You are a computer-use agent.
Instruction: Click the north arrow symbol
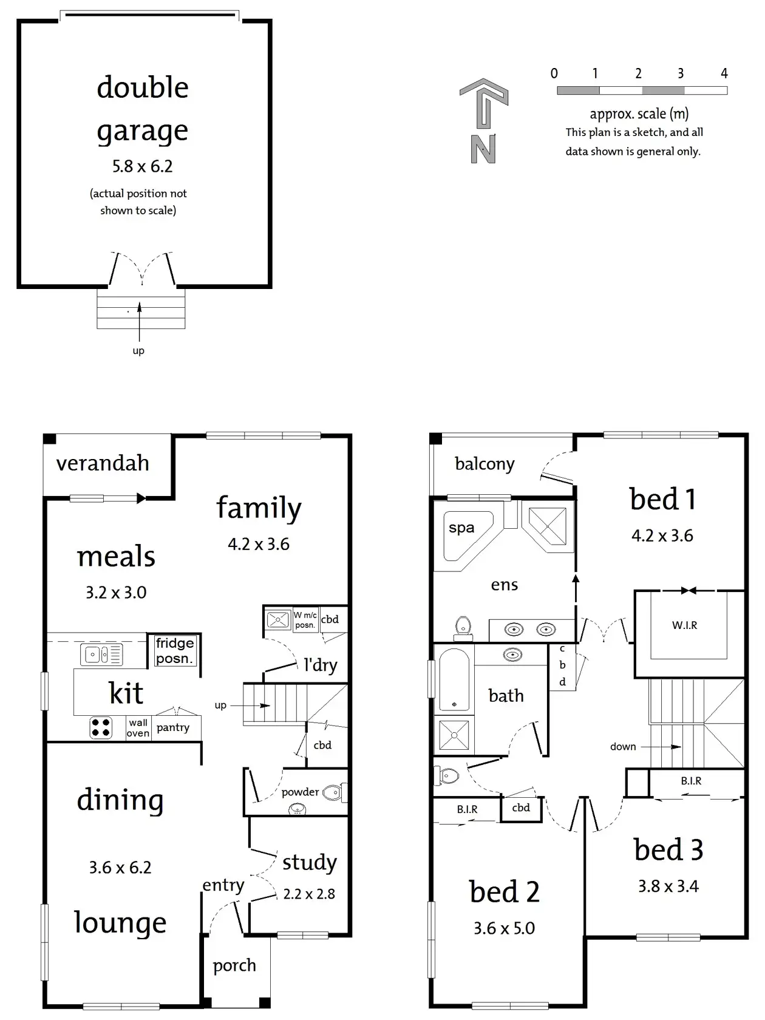point(483,121)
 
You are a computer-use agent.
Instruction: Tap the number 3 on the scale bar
point(681,73)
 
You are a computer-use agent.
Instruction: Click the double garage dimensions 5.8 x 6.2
point(142,166)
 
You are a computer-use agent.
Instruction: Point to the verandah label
point(103,463)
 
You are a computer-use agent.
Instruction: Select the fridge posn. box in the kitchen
point(175,651)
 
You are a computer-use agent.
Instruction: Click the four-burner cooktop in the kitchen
point(101,728)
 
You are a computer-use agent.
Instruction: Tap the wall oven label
point(138,728)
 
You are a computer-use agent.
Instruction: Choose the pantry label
point(173,728)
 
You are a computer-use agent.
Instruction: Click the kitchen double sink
point(102,654)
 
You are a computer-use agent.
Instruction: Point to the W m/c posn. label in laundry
point(305,620)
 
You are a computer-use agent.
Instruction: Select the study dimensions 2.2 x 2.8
point(309,894)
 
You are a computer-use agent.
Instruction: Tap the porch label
point(234,966)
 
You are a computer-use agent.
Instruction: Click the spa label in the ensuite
point(461,528)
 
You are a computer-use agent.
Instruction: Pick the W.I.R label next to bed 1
point(684,625)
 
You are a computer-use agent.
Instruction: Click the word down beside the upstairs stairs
point(623,746)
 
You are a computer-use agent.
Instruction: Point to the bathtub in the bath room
point(454,680)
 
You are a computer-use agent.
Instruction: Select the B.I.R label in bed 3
point(691,781)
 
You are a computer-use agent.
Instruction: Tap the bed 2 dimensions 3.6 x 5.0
point(504,928)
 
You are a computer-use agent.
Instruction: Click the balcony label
point(484,464)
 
